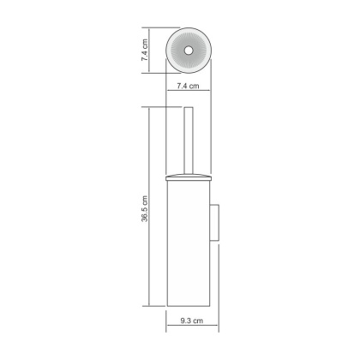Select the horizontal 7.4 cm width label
click(x=188, y=87)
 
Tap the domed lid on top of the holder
click(x=188, y=175)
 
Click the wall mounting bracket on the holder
click(x=217, y=225)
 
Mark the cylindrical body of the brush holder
click(x=189, y=240)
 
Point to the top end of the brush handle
click(x=188, y=109)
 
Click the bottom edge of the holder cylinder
click(x=189, y=306)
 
